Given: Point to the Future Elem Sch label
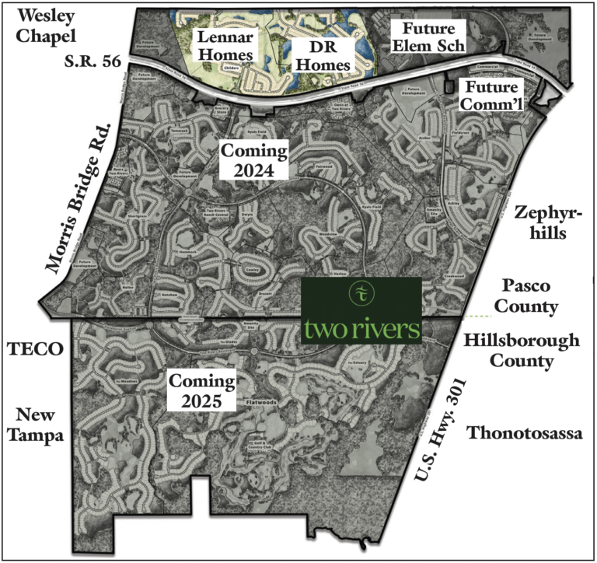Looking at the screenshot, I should (x=428, y=36).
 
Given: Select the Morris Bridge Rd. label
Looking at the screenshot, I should (x=80, y=198).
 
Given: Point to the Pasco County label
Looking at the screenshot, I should (x=530, y=295).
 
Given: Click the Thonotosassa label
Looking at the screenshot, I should (x=525, y=434).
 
